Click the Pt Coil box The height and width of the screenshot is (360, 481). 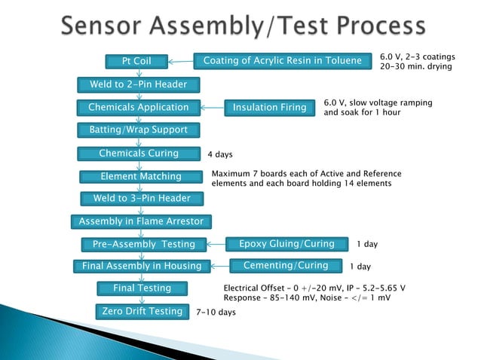pos(137,61)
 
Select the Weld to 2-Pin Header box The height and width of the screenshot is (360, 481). pos(139,84)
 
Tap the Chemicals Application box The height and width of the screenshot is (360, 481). pos(139,108)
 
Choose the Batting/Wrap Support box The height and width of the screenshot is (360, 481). pos(139,130)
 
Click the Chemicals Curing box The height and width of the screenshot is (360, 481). pos(139,154)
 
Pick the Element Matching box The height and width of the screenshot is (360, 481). pos(141,177)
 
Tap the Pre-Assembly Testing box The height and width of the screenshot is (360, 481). pos(143,244)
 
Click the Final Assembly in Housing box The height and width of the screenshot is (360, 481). pos(142,266)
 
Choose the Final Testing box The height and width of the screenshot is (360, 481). pos(142,288)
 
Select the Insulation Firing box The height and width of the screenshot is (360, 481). pos(269,108)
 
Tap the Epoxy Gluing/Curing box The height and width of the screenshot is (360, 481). pos(286,244)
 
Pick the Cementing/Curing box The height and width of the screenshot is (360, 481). pos(286,266)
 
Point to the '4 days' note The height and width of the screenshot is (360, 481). pos(220,155)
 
